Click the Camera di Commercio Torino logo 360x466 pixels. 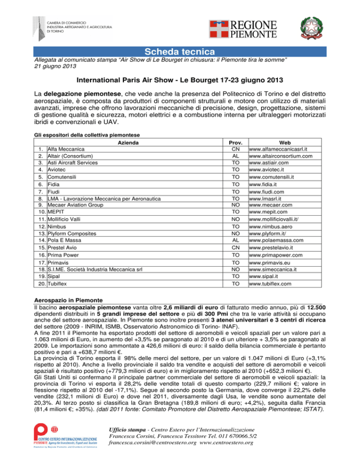tap(70, 28)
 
